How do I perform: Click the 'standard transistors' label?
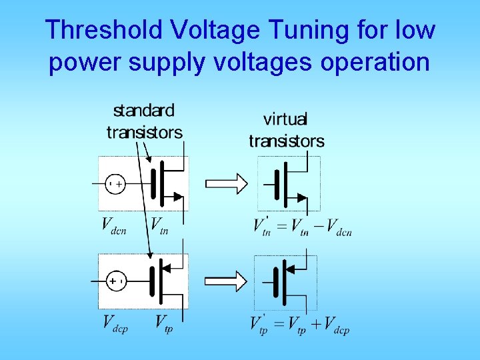(144, 121)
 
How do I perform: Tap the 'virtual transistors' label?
(287, 130)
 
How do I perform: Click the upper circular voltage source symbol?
(115, 183)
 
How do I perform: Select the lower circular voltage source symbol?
(115, 281)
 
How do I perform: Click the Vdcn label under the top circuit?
(114, 225)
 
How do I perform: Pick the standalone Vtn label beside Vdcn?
(159, 225)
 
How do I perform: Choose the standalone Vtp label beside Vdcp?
(164, 324)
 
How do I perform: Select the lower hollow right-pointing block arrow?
(225, 281)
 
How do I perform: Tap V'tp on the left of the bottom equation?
(261, 324)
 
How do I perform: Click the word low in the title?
(414, 29)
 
